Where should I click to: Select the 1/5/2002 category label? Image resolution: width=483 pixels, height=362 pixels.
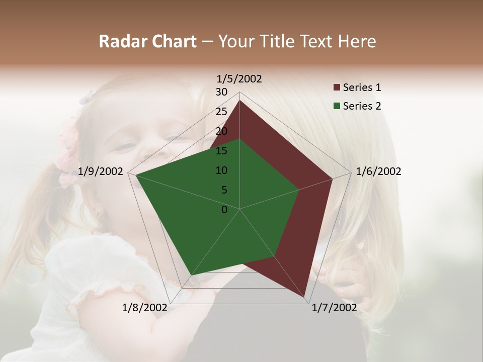(239, 78)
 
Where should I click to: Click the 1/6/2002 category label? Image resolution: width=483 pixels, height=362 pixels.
(378, 171)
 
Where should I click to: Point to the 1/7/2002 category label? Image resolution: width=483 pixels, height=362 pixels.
(334, 308)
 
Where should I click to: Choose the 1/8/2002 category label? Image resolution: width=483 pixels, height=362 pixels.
(144, 308)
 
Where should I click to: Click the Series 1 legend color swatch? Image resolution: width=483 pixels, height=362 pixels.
(337, 87)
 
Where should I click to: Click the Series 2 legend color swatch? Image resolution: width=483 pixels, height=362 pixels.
(337, 106)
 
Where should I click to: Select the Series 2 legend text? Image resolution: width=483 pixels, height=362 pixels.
(362, 106)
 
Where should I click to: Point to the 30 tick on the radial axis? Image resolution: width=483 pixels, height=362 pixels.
(221, 92)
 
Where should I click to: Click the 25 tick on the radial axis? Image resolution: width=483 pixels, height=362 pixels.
(221, 112)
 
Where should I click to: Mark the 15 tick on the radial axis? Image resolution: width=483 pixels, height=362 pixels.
(221, 151)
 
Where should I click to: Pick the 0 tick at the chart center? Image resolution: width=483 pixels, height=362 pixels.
(224, 210)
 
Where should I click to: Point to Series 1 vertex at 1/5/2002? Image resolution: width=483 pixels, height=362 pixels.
(239, 101)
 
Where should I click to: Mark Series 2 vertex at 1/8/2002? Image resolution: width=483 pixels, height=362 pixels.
(190, 276)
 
